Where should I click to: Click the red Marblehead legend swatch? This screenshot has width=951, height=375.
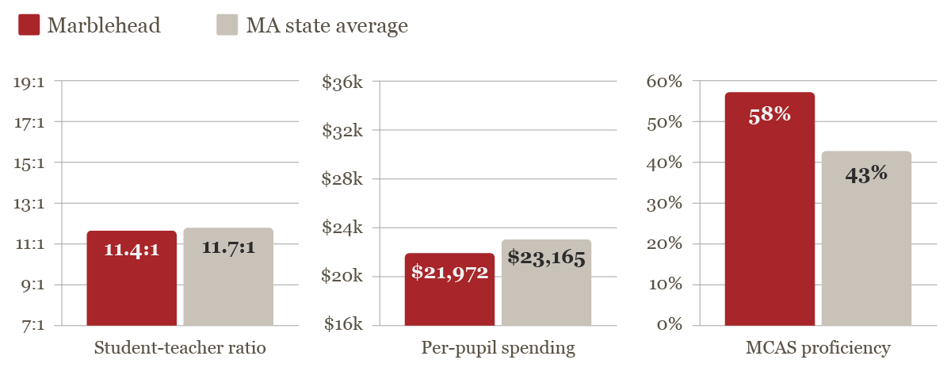click(29, 25)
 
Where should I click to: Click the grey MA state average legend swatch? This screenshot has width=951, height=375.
click(227, 25)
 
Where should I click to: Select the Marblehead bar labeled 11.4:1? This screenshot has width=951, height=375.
click(132, 278)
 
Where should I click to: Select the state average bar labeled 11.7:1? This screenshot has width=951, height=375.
click(228, 277)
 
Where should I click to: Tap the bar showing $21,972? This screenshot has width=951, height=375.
click(449, 289)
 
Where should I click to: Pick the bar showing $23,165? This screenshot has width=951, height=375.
click(546, 282)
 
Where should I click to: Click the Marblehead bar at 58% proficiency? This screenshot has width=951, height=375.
click(770, 209)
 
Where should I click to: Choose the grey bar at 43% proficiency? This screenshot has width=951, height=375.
click(866, 238)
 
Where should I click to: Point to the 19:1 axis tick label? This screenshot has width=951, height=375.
click(29, 82)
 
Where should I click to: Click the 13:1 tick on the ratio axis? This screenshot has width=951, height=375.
click(29, 204)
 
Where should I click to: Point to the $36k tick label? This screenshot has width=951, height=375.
click(342, 82)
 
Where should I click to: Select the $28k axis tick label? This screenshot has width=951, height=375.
click(342, 179)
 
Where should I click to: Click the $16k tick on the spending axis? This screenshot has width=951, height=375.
click(342, 325)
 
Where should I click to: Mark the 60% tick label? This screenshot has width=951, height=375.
click(664, 82)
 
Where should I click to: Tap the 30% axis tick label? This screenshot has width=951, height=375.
click(664, 204)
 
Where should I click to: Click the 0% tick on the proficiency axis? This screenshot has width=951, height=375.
click(669, 325)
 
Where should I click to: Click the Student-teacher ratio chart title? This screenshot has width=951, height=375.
click(180, 348)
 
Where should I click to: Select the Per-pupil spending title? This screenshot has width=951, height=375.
click(498, 348)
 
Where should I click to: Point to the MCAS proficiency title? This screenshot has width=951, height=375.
click(818, 348)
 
